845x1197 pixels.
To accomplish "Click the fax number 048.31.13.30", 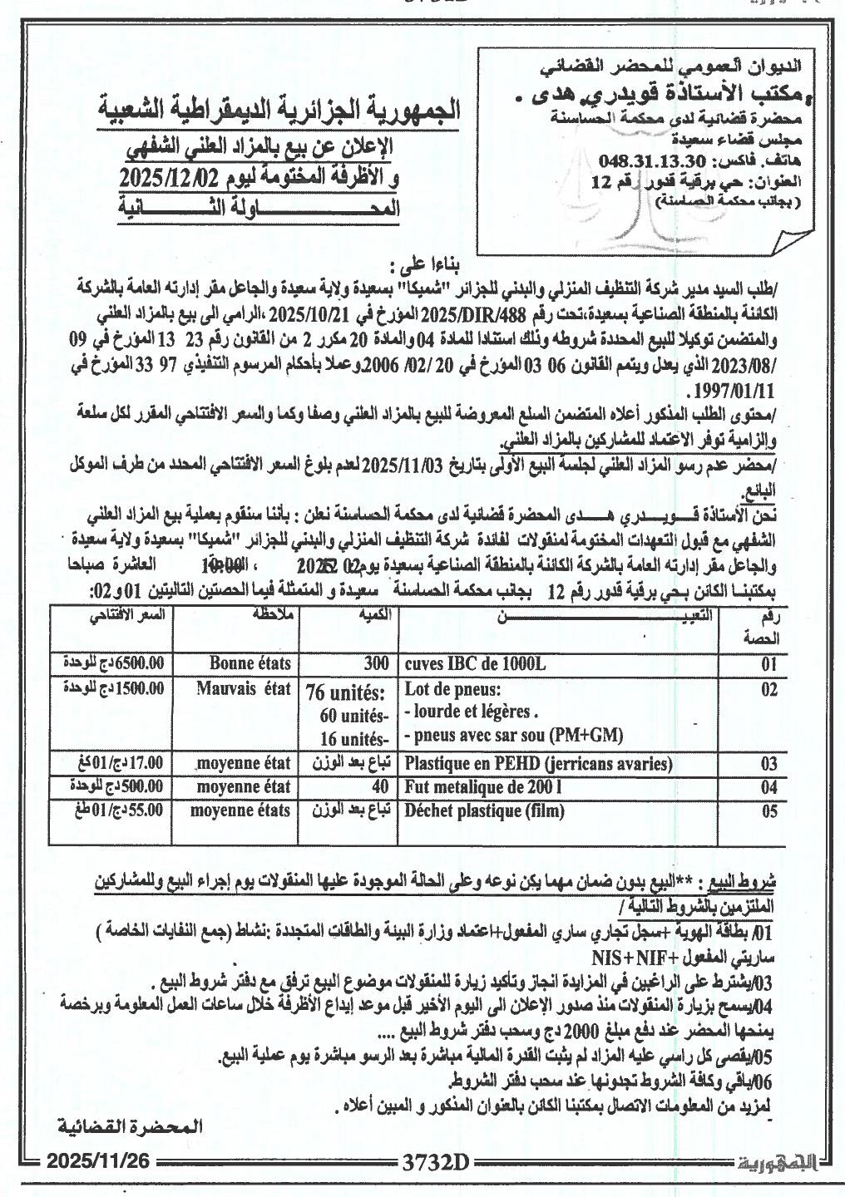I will [640, 160].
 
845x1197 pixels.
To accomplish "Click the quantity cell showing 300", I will [376, 664].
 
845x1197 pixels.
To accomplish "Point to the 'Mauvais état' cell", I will [245, 688].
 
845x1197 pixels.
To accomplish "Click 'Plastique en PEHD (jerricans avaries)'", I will [538, 763].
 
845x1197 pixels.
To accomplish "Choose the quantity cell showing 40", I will [381, 786].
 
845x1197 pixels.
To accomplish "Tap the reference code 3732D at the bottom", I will [436, 1161].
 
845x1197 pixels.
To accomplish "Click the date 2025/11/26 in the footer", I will [98, 1160].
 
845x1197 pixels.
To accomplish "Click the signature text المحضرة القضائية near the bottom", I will [131, 1127].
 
